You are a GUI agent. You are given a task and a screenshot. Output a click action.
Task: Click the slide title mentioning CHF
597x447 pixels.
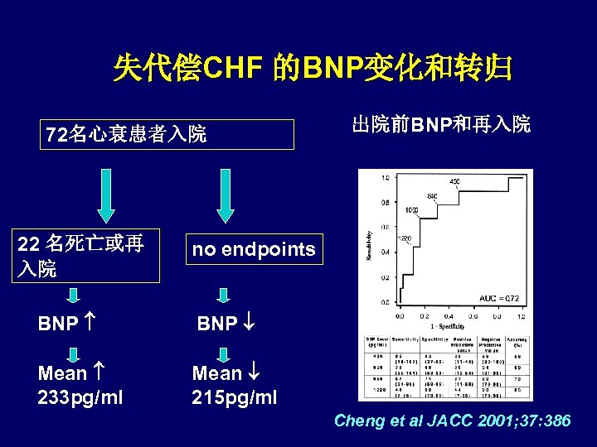tap(312, 68)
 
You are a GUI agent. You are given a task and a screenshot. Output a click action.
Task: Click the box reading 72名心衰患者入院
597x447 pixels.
tap(168, 135)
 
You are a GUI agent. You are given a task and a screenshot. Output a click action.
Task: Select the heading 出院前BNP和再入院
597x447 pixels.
tap(441, 125)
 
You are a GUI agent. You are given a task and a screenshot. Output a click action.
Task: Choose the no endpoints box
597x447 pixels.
tap(253, 249)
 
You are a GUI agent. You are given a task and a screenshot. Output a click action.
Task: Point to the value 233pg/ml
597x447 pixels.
tap(80, 397)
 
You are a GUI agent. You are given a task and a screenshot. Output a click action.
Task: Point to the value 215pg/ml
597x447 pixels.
tap(235, 397)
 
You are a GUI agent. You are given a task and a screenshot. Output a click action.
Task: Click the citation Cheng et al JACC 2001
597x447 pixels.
tap(452, 421)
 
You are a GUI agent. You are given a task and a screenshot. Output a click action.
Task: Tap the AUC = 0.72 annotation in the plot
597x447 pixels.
tap(498, 297)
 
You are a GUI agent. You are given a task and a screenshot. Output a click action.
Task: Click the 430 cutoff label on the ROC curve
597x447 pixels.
tap(454, 181)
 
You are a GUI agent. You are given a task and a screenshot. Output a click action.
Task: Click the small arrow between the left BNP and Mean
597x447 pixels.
tap(72, 353)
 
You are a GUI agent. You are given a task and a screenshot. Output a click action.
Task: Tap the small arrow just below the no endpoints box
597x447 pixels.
tap(222, 296)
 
